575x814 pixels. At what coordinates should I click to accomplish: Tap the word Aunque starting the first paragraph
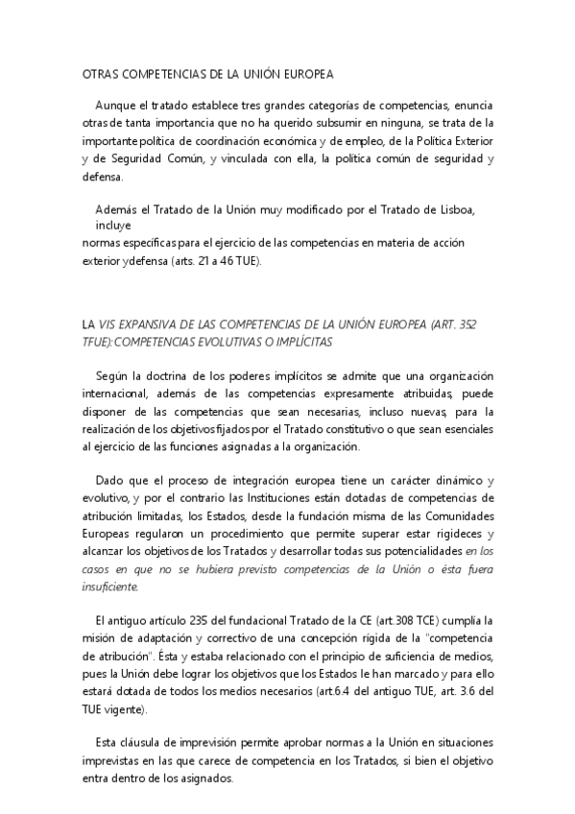point(117,105)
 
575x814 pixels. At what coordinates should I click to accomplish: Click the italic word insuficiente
point(110,587)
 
